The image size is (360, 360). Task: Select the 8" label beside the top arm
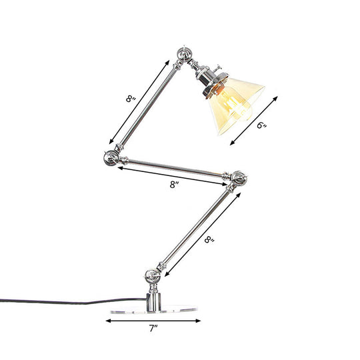click(x=131, y=100)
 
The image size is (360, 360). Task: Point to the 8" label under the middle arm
click(x=174, y=185)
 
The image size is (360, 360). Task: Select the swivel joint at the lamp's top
click(x=184, y=55)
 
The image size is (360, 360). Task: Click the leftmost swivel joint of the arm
click(x=109, y=157)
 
